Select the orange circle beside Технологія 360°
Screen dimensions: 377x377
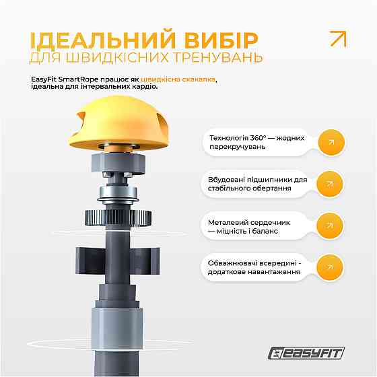(x=331, y=142)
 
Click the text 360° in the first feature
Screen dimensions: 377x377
(x=259, y=138)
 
